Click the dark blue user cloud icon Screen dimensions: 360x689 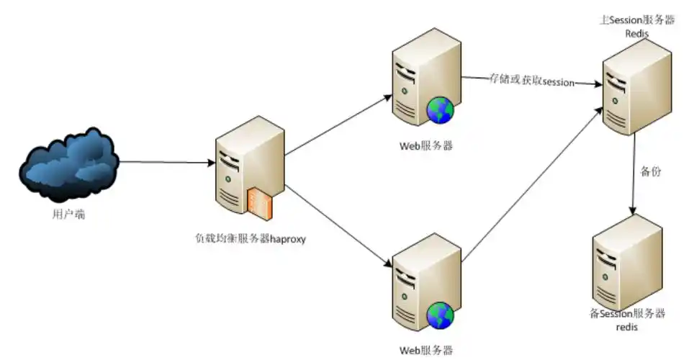point(68,164)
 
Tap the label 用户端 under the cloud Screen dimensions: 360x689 point(68,213)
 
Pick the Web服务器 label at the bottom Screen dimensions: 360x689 point(426,351)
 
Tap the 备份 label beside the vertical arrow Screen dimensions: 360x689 point(651,172)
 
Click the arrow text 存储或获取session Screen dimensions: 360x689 point(531,81)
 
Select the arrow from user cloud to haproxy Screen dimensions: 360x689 point(166,162)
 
